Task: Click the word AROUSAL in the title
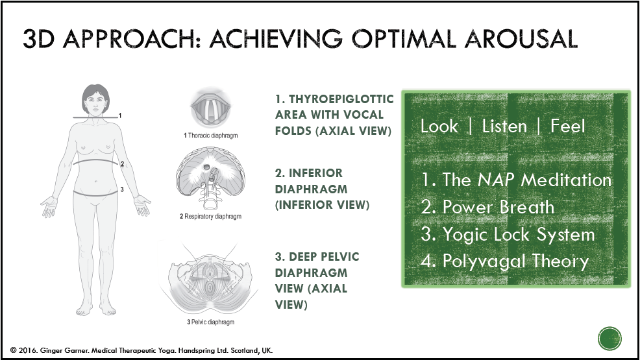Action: [521, 39]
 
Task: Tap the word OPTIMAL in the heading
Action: [404, 39]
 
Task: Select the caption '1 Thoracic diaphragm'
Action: [210, 136]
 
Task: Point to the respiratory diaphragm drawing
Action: [210, 177]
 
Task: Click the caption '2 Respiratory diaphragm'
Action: [210, 217]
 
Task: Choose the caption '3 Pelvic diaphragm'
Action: [210, 322]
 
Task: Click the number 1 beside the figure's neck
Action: [120, 116]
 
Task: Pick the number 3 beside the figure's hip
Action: [121, 189]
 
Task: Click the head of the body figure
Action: [95, 100]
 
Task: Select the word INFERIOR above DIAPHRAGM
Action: [315, 173]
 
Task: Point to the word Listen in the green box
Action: [504, 126]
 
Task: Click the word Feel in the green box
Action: [568, 126]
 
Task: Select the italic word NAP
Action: [495, 180]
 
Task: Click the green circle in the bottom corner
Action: [609, 339]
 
